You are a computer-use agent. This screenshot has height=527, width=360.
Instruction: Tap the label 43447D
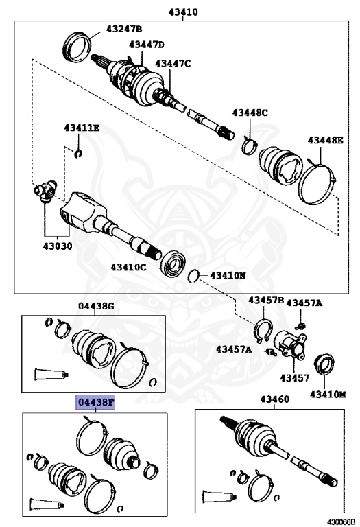(147, 45)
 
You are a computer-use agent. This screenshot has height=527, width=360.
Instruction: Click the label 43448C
(250, 113)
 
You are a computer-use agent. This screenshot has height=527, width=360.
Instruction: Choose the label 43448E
(325, 140)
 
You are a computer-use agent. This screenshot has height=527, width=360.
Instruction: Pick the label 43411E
(82, 128)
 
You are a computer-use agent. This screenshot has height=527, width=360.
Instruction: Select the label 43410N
(227, 275)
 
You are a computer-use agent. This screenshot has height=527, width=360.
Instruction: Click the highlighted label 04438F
(95, 401)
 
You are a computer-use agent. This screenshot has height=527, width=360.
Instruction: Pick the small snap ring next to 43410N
(194, 276)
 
